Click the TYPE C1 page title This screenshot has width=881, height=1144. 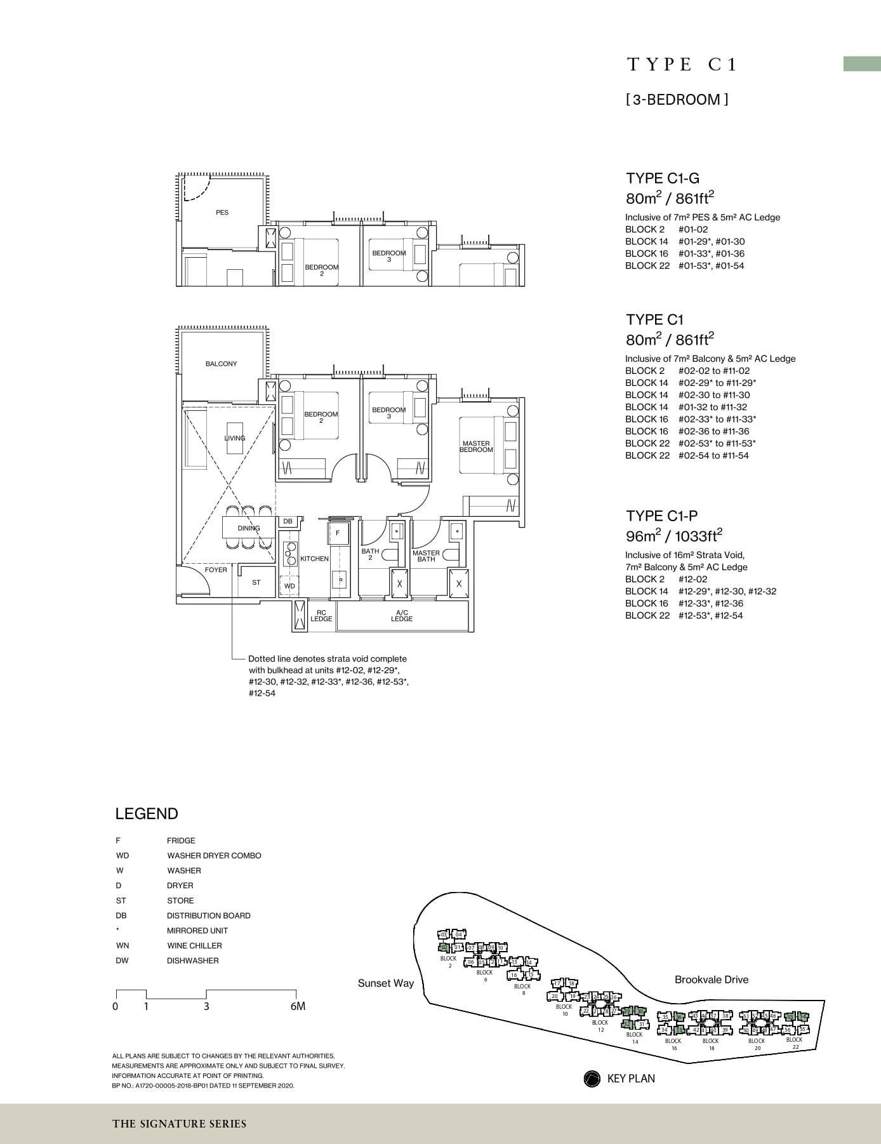coord(682,64)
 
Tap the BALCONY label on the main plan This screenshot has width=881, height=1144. coord(221,364)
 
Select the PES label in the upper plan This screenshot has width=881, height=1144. coord(222,213)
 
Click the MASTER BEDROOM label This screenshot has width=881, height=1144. coord(476,446)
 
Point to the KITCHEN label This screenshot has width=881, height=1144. coord(314,559)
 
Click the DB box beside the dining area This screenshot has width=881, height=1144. coord(288,521)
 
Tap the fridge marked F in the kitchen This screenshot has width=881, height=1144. coord(338,533)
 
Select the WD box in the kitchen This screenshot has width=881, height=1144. coord(289,586)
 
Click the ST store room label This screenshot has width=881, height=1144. coord(256,582)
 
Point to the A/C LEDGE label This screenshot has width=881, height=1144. coord(402,615)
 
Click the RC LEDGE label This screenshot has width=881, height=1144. coord(321,615)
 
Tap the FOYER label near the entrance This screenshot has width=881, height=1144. coord(216,570)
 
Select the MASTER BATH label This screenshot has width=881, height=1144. coord(426,556)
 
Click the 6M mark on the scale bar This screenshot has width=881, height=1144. coord(297,1006)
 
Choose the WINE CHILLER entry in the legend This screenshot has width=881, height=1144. coord(195,945)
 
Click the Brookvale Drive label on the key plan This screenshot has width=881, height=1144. coord(711,980)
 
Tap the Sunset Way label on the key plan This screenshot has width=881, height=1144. coord(385,983)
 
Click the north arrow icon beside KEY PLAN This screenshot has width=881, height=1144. coord(592,1079)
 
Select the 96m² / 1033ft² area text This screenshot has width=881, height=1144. coord(674,536)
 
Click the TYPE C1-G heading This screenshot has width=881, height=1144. coord(663,178)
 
